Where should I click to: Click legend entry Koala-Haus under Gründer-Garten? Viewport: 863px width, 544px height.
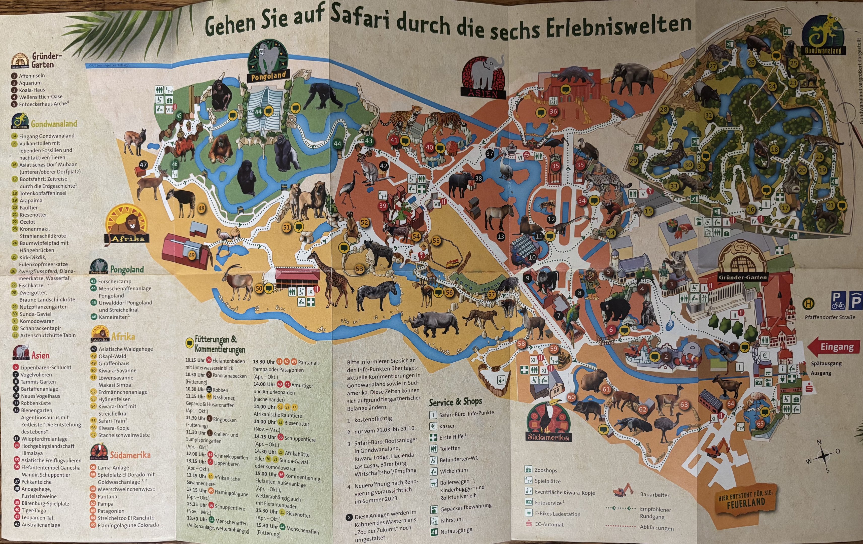(32, 90)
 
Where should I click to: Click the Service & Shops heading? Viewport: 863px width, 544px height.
(455, 402)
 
